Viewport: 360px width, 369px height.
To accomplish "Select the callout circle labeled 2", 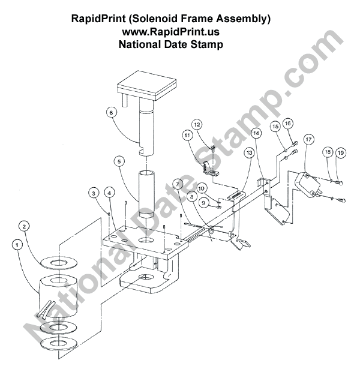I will tap(25, 226).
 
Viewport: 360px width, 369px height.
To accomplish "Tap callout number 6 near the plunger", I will tap(110, 112).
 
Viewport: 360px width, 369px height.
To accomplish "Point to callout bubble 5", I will tap(119, 161).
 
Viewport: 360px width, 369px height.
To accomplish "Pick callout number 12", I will tap(196, 124).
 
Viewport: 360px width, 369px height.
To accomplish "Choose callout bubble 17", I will tap(308, 139).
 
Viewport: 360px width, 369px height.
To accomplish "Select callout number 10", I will tap(202, 188).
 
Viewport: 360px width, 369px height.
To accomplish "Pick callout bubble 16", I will tap(287, 124).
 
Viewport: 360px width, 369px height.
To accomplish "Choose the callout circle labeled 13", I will tap(249, 154).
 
